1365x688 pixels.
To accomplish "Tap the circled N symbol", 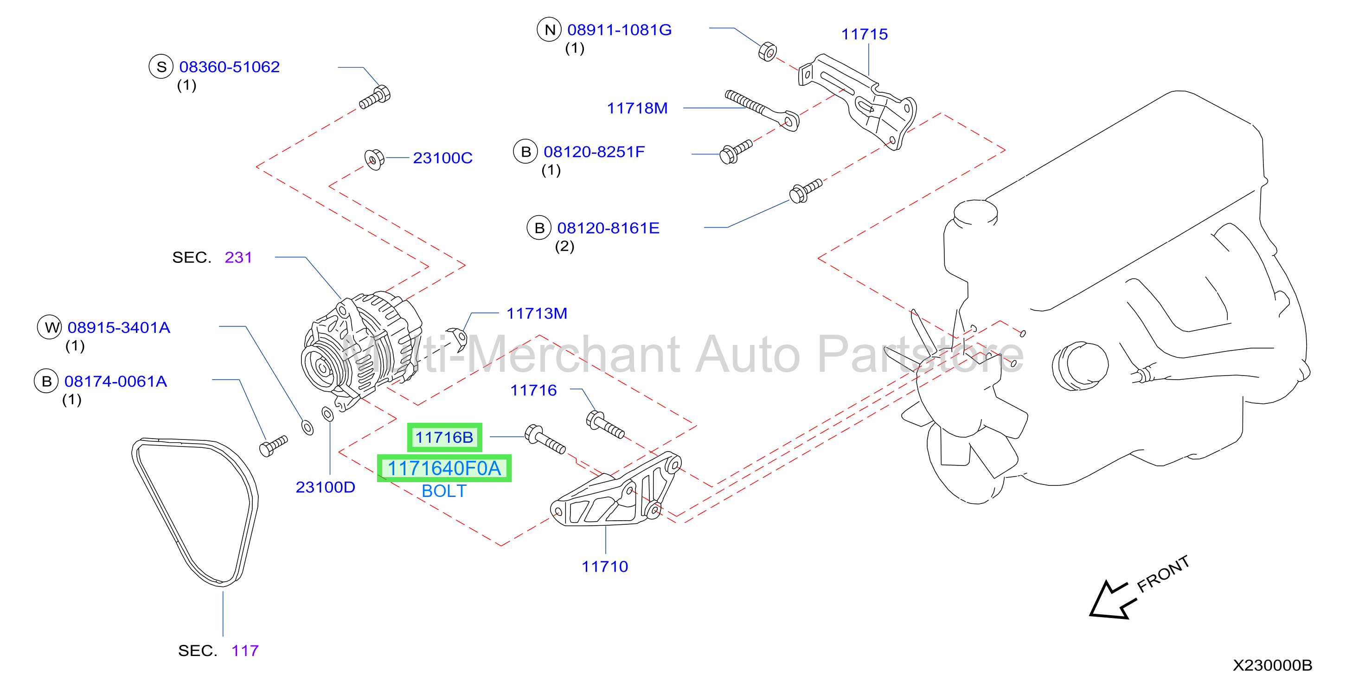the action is [x=550, y=30].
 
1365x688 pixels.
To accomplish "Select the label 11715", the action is [x=864, y=34].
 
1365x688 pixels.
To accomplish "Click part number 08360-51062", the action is [x=230, y=67].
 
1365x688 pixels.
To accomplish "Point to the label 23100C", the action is [x=442, y=158].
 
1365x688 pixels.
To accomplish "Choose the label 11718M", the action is [x=637, y=108].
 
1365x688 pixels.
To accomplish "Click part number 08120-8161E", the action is [x=609, y=228].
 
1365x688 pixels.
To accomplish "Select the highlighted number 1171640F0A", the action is [x=444, y=468].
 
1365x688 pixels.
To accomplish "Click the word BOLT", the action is [x=444, y=491].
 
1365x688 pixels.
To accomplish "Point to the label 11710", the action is [x=605, y=566].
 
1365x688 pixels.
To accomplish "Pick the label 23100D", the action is [x=325, y=487].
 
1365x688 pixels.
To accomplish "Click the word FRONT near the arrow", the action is [x=1164, y=573].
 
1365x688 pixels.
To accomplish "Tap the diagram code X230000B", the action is [x=1272, y=665].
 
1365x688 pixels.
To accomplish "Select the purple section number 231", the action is [x=238, y=257].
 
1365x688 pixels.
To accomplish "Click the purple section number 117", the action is [x=245, y=650].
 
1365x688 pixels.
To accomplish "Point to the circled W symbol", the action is [x=50, y=327].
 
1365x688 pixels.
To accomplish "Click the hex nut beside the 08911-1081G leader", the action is [x=767, y=52].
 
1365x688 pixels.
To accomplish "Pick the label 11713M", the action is [x=537, y=313].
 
